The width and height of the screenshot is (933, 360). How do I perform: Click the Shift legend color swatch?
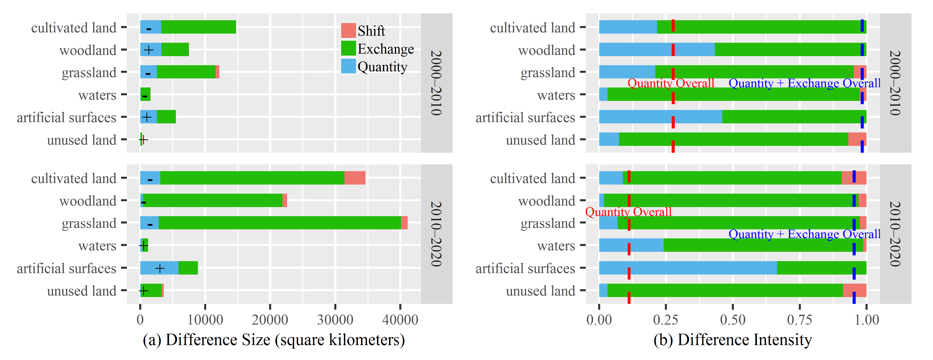[x=348, y=30]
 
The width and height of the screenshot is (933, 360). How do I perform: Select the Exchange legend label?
[x=385, y=49]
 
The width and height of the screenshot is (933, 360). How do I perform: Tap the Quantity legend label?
[x=382, y=67]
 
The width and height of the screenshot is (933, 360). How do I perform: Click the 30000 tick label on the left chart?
[x=335, y=320]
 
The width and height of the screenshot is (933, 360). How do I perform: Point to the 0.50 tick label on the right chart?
[x=733, y=320]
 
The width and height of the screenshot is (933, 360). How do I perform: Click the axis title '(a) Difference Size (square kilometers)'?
[x=274, y=340]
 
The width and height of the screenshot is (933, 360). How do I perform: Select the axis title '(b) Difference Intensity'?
[x=732, y=340]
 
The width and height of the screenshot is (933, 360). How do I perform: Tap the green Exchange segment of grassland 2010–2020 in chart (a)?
[x=279, y=223]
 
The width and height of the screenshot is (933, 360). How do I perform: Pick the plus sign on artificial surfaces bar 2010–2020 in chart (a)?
[x=160, y=268]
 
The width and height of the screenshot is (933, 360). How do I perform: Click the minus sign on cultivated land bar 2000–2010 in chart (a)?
[x=149, y=28]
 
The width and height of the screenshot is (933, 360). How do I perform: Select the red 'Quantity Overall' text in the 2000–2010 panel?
[x=670, y=83]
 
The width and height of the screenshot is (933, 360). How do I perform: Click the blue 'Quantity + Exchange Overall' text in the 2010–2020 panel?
[x=804, y=234]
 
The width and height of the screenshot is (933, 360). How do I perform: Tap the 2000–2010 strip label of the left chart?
[x=436, y=83]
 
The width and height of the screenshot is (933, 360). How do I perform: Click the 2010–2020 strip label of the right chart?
[x=895, y=234]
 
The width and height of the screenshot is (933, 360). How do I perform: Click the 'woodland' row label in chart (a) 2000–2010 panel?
[x=88, y=50]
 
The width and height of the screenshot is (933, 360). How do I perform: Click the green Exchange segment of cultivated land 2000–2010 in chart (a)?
[x=198, y=27]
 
